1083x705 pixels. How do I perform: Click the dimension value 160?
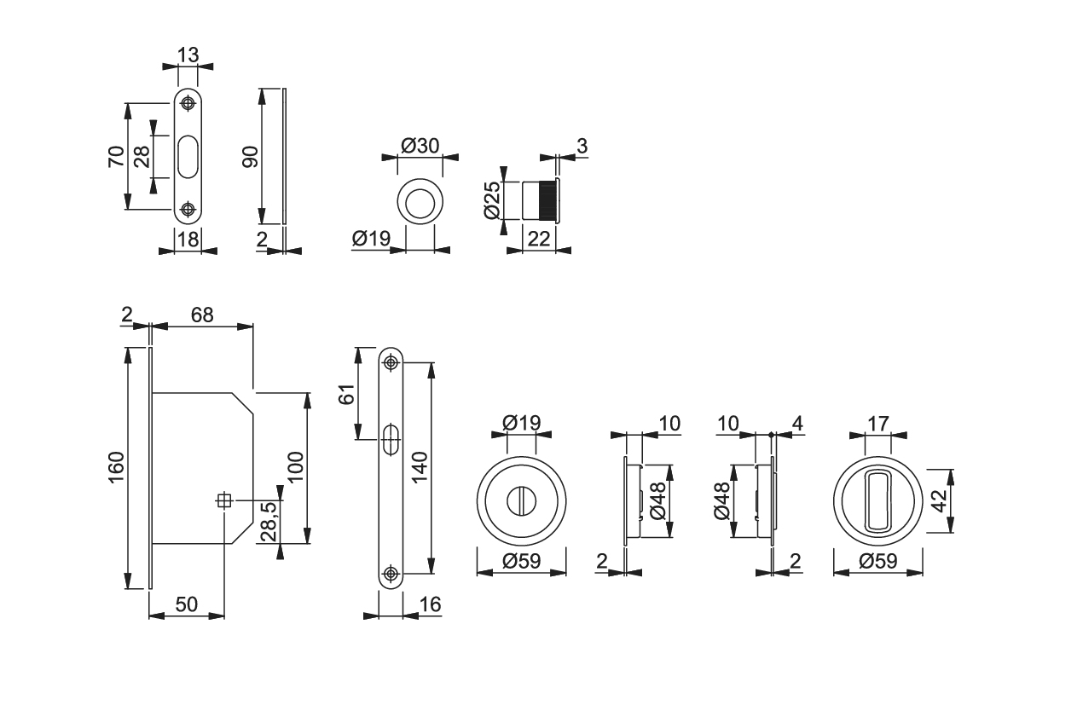117,467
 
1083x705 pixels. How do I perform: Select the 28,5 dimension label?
269,521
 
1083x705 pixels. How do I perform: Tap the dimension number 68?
202,315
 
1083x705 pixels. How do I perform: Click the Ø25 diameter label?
491,201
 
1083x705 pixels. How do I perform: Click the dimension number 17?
878,423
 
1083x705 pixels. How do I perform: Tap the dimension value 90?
249,156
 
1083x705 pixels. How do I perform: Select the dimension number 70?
117,156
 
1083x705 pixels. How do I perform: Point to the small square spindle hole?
224,501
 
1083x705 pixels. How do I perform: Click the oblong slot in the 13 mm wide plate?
188,157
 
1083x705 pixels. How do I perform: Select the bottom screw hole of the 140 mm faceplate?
391,574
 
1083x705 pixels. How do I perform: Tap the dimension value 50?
186,604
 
